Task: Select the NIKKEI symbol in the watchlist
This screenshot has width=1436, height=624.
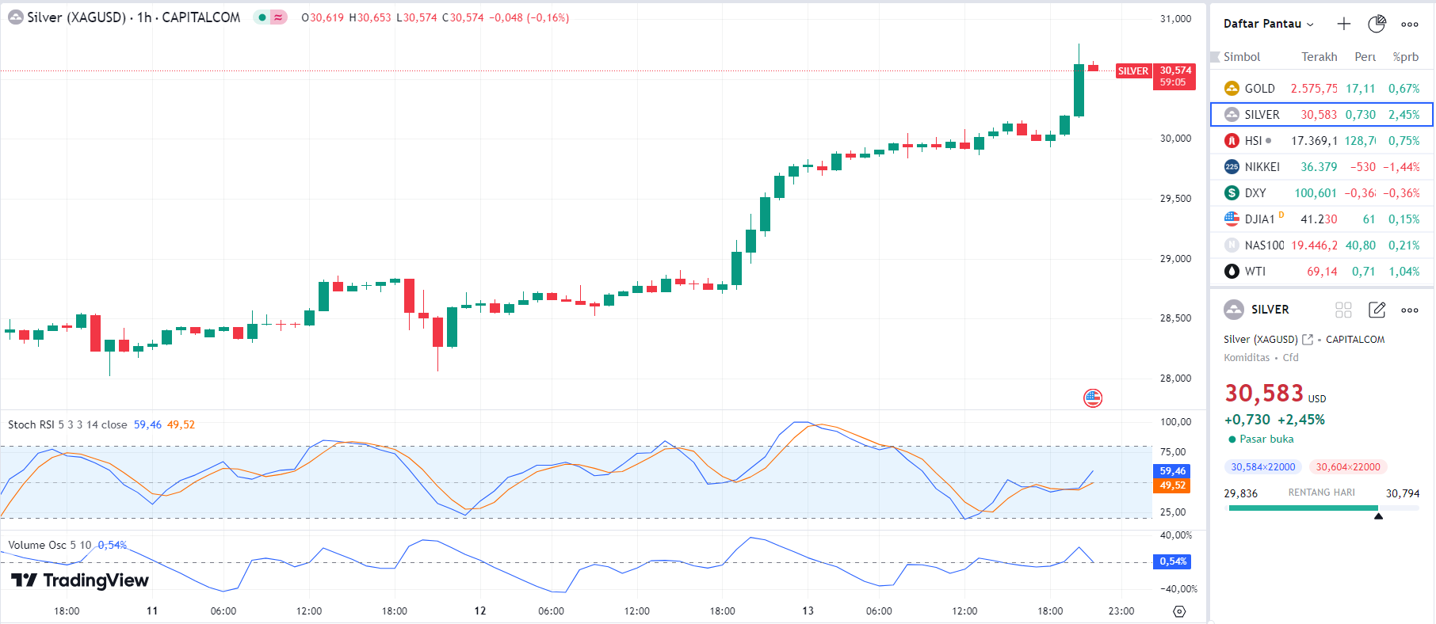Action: [1262, 167]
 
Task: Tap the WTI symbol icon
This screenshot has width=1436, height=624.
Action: [1232, 272]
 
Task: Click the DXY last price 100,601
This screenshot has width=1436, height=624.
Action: [1315, 193]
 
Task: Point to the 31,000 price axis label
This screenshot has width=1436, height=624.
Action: [1175, 19]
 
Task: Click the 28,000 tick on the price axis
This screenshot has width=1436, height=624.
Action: [1175, 379]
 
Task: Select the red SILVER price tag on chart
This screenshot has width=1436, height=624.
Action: [1132, 71]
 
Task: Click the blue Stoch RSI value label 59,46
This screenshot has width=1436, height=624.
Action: [1172, 471]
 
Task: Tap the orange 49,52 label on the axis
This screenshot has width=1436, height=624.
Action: [1172, 485]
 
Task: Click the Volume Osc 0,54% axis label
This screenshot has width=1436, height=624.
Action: [1172, 561]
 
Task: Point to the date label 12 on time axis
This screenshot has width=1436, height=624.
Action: [480, 611]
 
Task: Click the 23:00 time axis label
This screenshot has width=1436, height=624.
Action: [1121, 611]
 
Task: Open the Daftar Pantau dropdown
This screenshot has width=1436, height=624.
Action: [1268, 24]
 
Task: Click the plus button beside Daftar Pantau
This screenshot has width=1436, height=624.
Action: [1343, 24]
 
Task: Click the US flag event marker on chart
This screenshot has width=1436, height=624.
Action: [1093, 398]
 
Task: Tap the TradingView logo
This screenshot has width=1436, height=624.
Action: [80, 580]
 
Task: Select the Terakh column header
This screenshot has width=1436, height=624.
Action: [1319, 57]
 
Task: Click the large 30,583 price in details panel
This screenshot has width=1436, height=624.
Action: [1264, 394]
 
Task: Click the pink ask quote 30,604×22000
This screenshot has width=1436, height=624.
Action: [1347, 467]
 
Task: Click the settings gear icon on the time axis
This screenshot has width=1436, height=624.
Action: [1179, 611]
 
